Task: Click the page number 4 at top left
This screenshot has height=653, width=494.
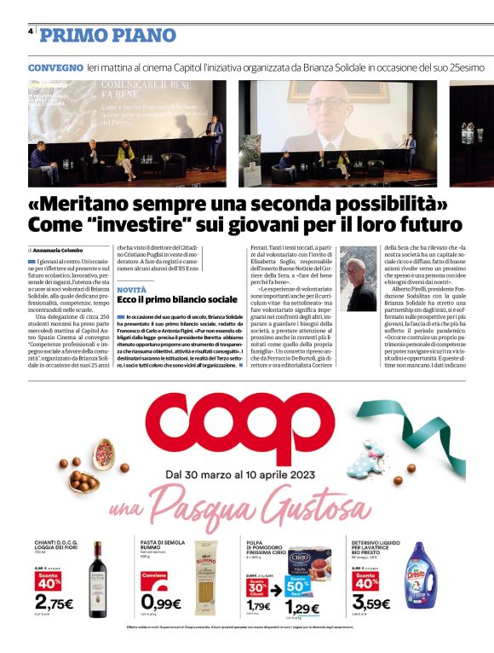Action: pyautogui.click(x=30, y=31)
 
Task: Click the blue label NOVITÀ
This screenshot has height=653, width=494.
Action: pyautogui.click(x=133, y=290)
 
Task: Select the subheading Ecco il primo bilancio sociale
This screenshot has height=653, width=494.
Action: pyautogui.click(x=177, y=301)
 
